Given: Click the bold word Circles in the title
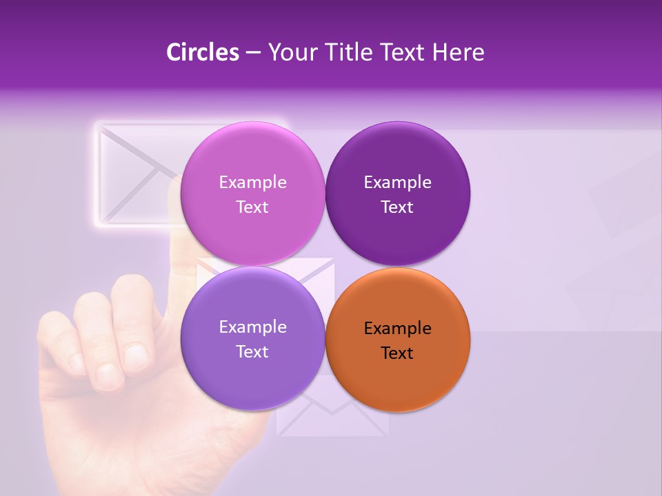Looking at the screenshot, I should tap(203, 52).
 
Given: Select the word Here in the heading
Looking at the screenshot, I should tap(459, 52).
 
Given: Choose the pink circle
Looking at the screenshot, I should tap(252, 158).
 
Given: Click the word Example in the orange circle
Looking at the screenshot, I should tap(397, 328).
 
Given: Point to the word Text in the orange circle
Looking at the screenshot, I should tap(397, 353).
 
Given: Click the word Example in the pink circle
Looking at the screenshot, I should tap(252, 182).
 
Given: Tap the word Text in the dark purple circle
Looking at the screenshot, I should tap(397, 207).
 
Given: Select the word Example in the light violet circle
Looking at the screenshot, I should tap(252, 327).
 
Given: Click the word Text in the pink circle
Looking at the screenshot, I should tap(252, 207).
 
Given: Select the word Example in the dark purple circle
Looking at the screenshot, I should tap(397, 182).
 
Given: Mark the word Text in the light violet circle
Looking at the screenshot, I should tap(252, 351).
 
